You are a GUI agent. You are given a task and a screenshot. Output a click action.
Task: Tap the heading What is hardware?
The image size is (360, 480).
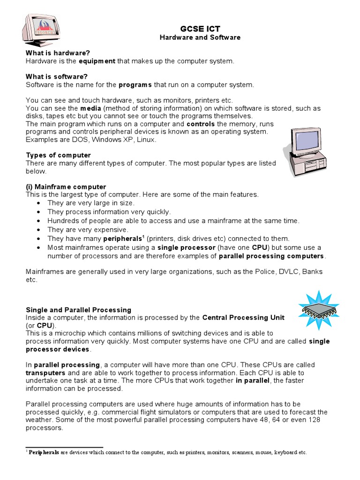pos(57,53)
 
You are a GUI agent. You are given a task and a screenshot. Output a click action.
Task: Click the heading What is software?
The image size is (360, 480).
pos(57,76)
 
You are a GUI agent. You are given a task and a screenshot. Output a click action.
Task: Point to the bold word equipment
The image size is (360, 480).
pos(97,61)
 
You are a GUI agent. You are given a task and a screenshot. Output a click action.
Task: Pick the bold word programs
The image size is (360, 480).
pos(135,85)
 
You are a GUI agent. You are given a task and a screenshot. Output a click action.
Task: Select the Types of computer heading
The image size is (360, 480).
pos(58,155)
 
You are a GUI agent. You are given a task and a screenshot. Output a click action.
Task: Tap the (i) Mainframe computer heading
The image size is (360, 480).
pos(66,187)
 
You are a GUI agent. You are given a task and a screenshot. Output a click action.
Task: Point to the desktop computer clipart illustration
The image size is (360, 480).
pos(305,151)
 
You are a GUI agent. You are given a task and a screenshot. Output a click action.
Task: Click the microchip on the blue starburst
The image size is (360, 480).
pos(319,309)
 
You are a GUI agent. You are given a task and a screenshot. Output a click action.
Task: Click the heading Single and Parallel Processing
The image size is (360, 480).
pos(78,310)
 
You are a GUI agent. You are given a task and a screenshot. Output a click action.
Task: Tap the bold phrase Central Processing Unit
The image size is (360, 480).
pos(243,318)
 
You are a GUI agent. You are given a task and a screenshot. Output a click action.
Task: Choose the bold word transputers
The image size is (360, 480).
pos(47,373)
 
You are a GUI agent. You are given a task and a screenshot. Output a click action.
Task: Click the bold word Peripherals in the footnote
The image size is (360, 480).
pos(44,453)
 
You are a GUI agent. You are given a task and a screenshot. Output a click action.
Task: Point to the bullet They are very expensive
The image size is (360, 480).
pos(88,230)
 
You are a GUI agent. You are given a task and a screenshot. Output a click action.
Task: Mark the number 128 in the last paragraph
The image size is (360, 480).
pos(315,420)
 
